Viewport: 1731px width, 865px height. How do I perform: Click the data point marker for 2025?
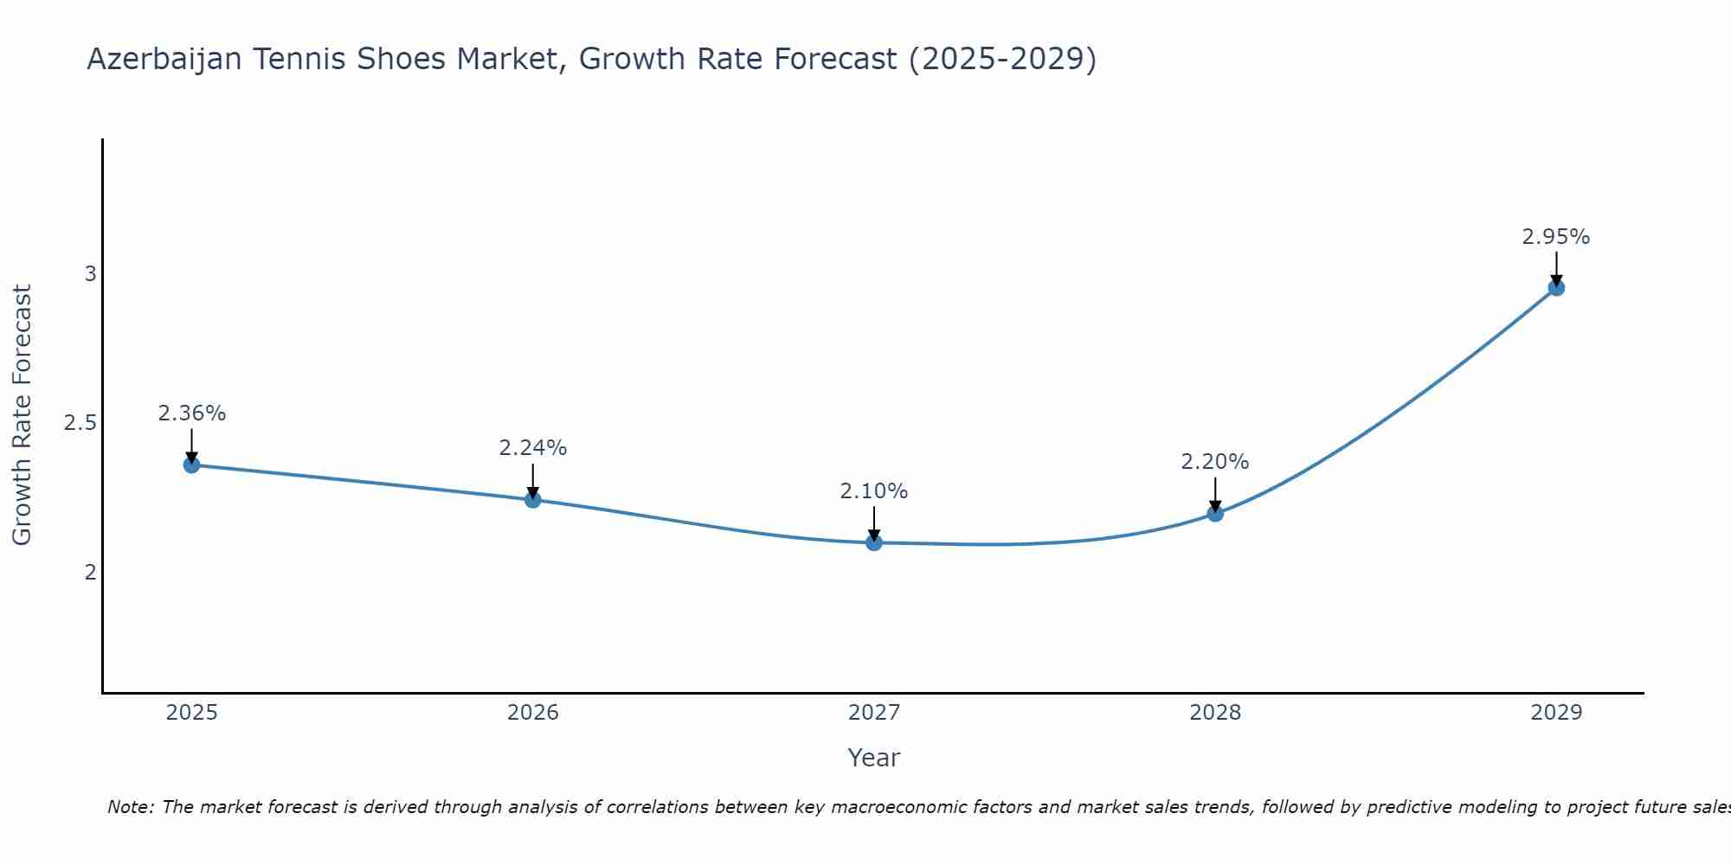click(191, 465)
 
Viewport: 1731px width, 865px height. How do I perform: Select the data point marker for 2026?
click(532, 500)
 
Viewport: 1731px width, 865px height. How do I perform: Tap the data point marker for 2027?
click(873, 542)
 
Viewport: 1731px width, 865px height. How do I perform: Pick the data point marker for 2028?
click(1215, 513)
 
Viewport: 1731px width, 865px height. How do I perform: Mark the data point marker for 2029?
click(1556, 287)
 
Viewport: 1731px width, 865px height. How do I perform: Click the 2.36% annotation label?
click(191, 413)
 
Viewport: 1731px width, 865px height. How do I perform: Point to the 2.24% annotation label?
click(532, 448)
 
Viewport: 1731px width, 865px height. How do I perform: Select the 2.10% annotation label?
click(873, 491)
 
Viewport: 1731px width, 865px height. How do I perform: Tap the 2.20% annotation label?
click(1215, 462)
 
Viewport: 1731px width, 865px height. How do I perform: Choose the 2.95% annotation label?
click(1556, 237)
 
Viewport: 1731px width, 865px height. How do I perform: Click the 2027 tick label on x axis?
click(873, 713)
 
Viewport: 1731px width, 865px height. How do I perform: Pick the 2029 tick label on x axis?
click(1556, 713)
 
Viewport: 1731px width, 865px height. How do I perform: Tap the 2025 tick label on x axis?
click(191, 713)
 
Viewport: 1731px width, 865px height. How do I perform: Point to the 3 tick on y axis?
click(90, 274)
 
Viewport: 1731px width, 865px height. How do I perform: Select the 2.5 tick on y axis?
click(80, 423)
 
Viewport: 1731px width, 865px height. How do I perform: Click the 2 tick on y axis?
click(90, 572)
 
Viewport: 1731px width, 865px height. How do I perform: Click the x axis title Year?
click(873, 758)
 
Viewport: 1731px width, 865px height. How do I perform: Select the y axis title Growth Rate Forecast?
click(22, 415)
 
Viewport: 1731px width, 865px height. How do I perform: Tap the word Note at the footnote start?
click(130, 807)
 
